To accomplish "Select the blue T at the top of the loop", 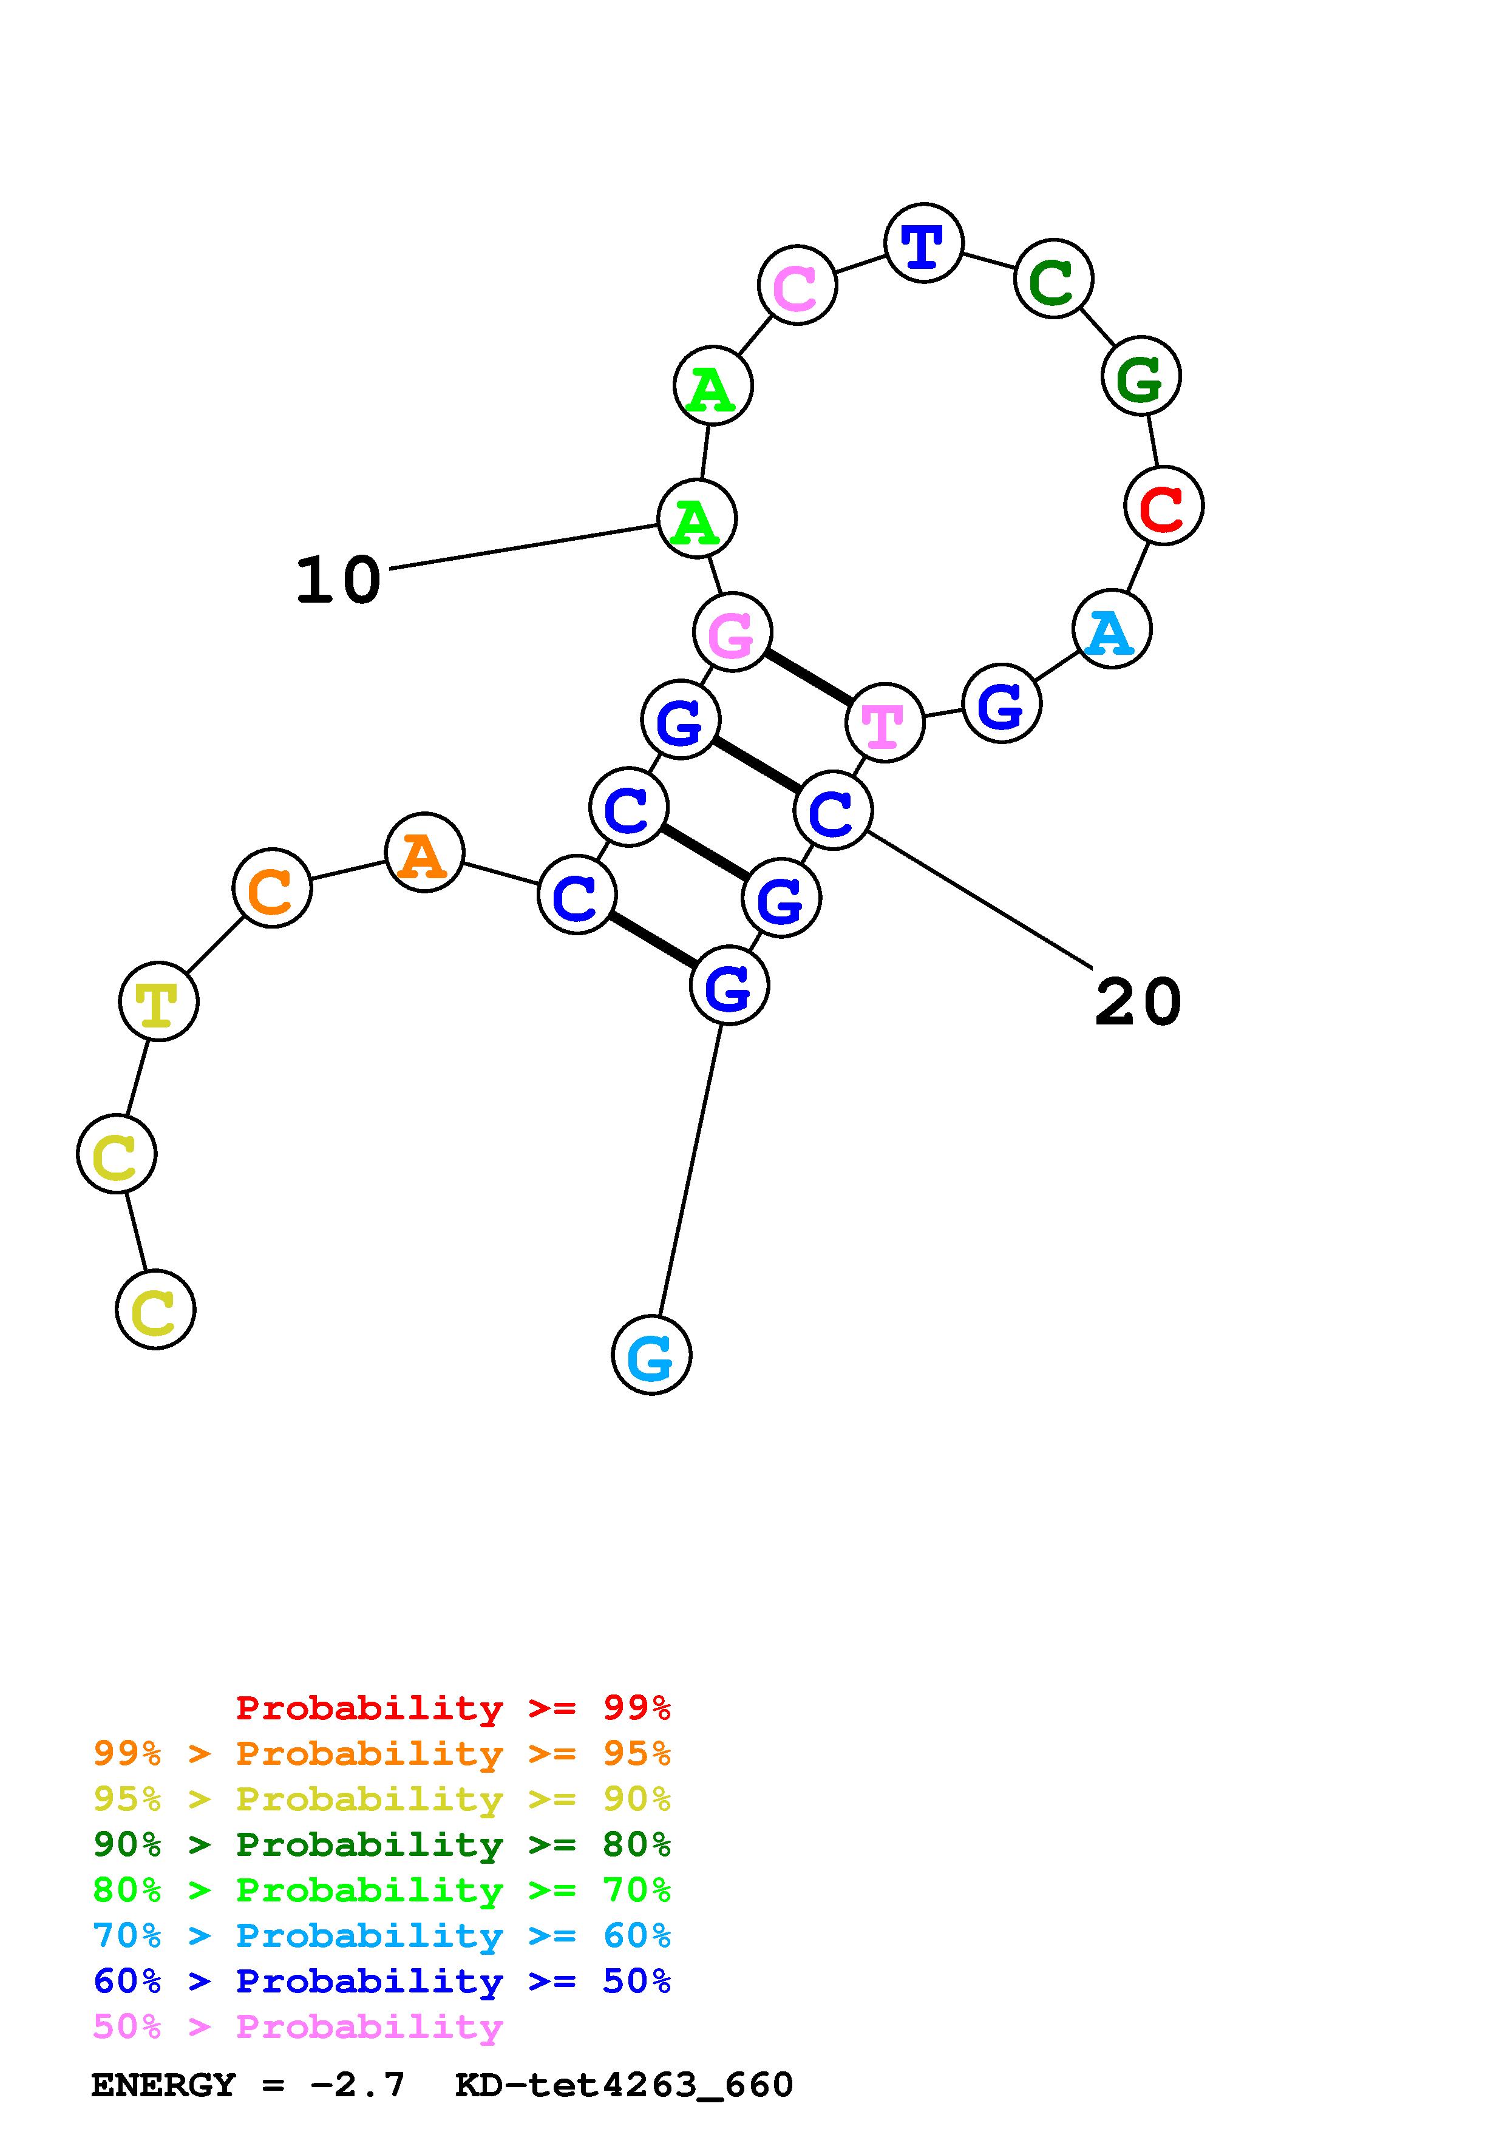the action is (x=923, y=244).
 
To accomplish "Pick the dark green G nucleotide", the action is (x=1141, y=376).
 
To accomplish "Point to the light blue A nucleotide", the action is (x=1111, y=629).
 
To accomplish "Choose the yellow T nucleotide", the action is (x=158, y=1001).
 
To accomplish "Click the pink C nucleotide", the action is (x=798, y=286).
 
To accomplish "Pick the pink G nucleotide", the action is (x=732, y=631).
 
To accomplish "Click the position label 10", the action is (x=339, y=581).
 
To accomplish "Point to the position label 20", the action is (x=1138, y=1003).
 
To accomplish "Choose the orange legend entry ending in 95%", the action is (x=382, y=1753).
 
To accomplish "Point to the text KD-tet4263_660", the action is (x=624, y=2085).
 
